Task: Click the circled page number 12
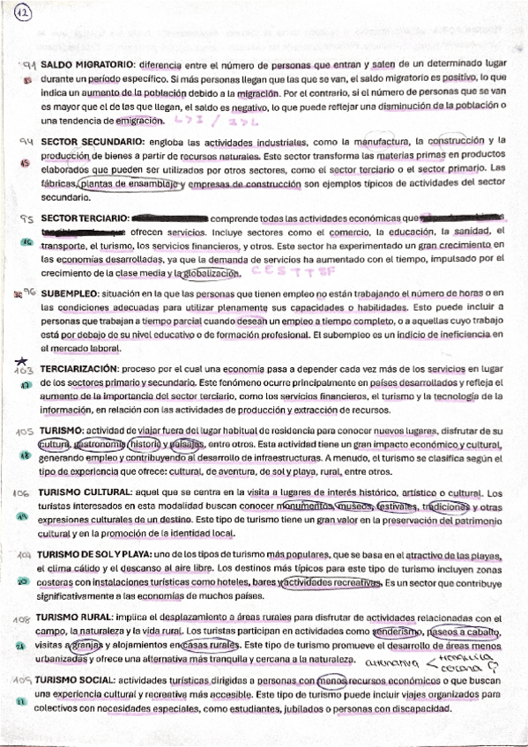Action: (24, 14)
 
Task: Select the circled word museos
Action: (350, 507)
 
